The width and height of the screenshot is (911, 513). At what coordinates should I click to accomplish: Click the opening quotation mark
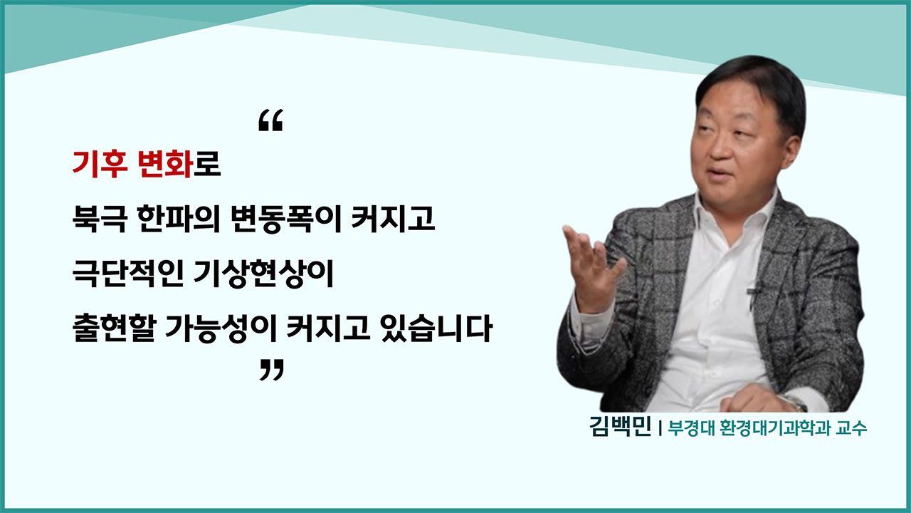[270, 121]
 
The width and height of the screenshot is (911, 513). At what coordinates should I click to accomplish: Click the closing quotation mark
[270, 370]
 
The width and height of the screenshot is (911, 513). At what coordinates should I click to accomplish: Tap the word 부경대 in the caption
[688, 430]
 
